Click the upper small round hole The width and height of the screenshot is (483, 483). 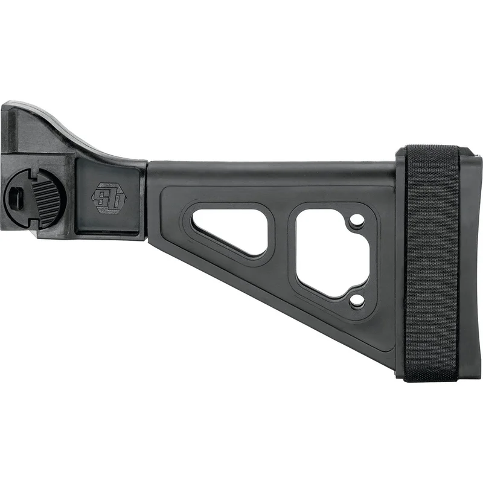click(357, 222)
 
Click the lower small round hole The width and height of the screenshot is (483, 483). click(357, 300)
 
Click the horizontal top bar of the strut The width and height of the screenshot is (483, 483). click(272, 172)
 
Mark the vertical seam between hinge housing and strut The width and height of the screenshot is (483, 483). click(147, 199)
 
